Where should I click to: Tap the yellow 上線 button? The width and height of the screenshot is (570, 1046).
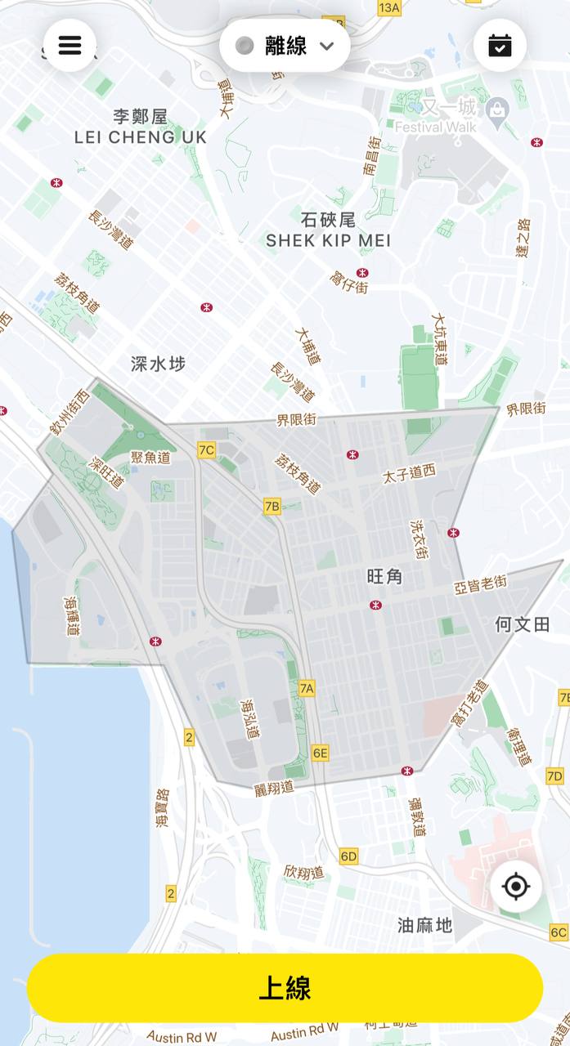click(285, 988)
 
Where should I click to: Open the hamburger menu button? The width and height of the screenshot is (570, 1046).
click(70, 45)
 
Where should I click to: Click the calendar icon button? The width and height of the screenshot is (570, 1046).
click(500, 45)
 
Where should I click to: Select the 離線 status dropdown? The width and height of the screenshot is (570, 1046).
click(285, 46)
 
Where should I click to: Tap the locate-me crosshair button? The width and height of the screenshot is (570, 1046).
click(516, 887)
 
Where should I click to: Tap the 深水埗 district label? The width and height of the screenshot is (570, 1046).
click(158, 364)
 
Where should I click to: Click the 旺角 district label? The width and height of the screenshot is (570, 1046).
click(384, 577)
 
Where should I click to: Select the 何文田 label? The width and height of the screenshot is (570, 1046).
click(522, 625)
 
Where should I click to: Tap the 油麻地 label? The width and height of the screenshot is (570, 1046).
click(424, 925)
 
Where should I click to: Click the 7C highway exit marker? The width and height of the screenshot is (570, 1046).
click(206, 450)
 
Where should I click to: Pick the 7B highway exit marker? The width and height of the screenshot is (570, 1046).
click(272, 507)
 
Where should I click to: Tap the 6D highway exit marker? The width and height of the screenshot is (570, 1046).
click(349, 856)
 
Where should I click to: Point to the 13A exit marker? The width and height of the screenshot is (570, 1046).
click(389, 8)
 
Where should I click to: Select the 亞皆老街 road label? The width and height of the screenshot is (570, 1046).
click(480, 583)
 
